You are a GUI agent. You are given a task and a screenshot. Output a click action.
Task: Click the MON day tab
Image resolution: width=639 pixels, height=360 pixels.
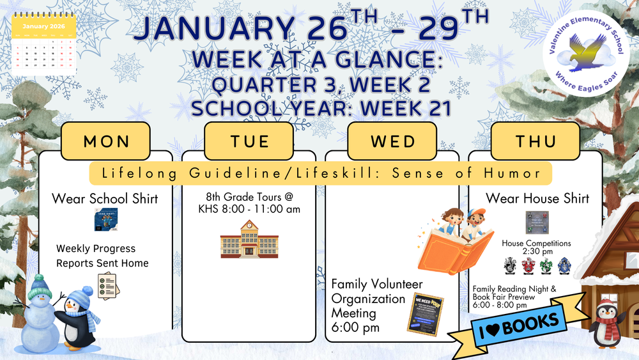tap(105, 141)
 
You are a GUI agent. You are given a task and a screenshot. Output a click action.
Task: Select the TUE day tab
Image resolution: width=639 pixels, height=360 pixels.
tap(249, 141)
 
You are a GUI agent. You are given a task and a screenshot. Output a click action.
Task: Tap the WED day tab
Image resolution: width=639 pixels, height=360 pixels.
tap(392, 141)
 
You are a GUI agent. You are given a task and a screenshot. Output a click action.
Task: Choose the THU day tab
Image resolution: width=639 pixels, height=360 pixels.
tap(535, 141)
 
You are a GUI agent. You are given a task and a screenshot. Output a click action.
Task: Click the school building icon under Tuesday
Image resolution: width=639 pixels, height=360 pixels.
tap(249, 240)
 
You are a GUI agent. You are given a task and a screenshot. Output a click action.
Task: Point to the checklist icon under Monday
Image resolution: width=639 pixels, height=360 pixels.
tap(108, 285)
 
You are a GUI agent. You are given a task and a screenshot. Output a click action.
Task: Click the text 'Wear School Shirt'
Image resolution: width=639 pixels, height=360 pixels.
tap(105, 198)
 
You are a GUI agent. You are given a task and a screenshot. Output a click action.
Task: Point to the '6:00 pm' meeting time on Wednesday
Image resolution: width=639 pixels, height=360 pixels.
tap(355, 327)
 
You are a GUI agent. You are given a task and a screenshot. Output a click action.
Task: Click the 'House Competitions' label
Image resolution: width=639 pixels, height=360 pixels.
tap(536, 244)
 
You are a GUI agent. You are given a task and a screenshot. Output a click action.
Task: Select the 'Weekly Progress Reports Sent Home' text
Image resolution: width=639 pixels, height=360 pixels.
tap(102, 256)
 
